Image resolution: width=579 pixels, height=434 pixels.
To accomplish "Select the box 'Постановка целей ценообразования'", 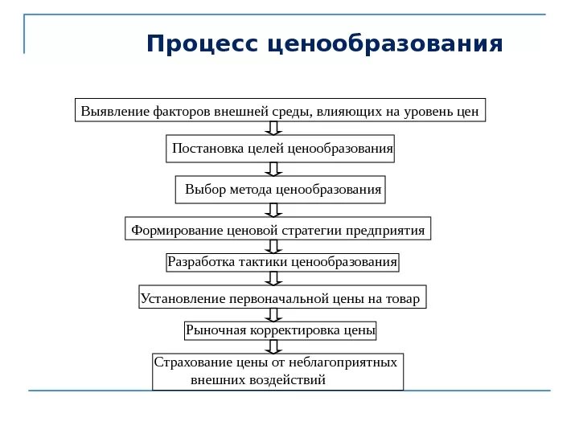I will pyautogui.click(x=282, y=149).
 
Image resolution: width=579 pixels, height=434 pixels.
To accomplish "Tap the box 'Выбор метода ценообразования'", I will pyautogui.click(x=281, y=190).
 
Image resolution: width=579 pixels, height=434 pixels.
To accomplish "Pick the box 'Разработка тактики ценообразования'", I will pyautogui.click(x=282, y=262).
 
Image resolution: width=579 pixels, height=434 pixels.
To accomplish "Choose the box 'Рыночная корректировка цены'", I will pyautogui.click(x=281, y=330).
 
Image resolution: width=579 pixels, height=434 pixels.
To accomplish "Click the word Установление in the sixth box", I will pyautogui.click(x=183, y=299).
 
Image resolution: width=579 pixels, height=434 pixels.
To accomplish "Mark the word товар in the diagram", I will pyautogui.click(x=403, y=299).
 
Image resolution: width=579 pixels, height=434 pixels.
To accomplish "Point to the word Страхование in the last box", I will pyautogui.click(x=191, y=362).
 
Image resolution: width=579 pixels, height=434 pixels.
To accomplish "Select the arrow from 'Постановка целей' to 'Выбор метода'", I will pyautogui.click(x=273, y=169).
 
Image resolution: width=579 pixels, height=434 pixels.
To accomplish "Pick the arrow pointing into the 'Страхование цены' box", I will pyautogui.click(x=273, y=346).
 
